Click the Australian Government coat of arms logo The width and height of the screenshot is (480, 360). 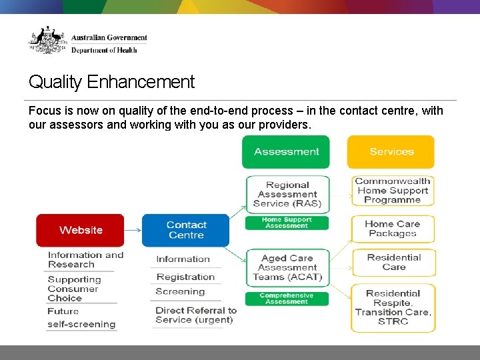point(47,41)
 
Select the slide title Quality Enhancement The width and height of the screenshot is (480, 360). point(111,82)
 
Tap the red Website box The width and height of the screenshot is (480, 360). point(80,230)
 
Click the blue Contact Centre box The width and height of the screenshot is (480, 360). point(186,230)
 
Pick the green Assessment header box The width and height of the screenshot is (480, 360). point(286,152)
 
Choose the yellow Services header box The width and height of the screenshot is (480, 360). point(391,152)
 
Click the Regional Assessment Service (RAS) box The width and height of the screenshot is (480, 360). point(287,194)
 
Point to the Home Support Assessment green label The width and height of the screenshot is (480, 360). point(287,223)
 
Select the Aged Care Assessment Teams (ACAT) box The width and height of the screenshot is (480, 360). point(287,267)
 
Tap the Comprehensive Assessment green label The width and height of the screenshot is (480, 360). point(287,298)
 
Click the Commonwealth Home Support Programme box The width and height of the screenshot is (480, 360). point(393,191)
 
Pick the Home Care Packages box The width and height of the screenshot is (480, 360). point(393,229)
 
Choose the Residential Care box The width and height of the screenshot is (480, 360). point(393,262)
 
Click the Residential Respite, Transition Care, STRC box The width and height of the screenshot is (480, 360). point(393,307)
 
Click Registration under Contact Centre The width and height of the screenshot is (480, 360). point(185,277)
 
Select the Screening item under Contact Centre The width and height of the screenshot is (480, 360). point(180,291)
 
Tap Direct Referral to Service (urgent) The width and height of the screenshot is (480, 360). point(195,315)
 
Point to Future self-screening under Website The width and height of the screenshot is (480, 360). point(81,318)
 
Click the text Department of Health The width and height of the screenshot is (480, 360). point(104,50)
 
